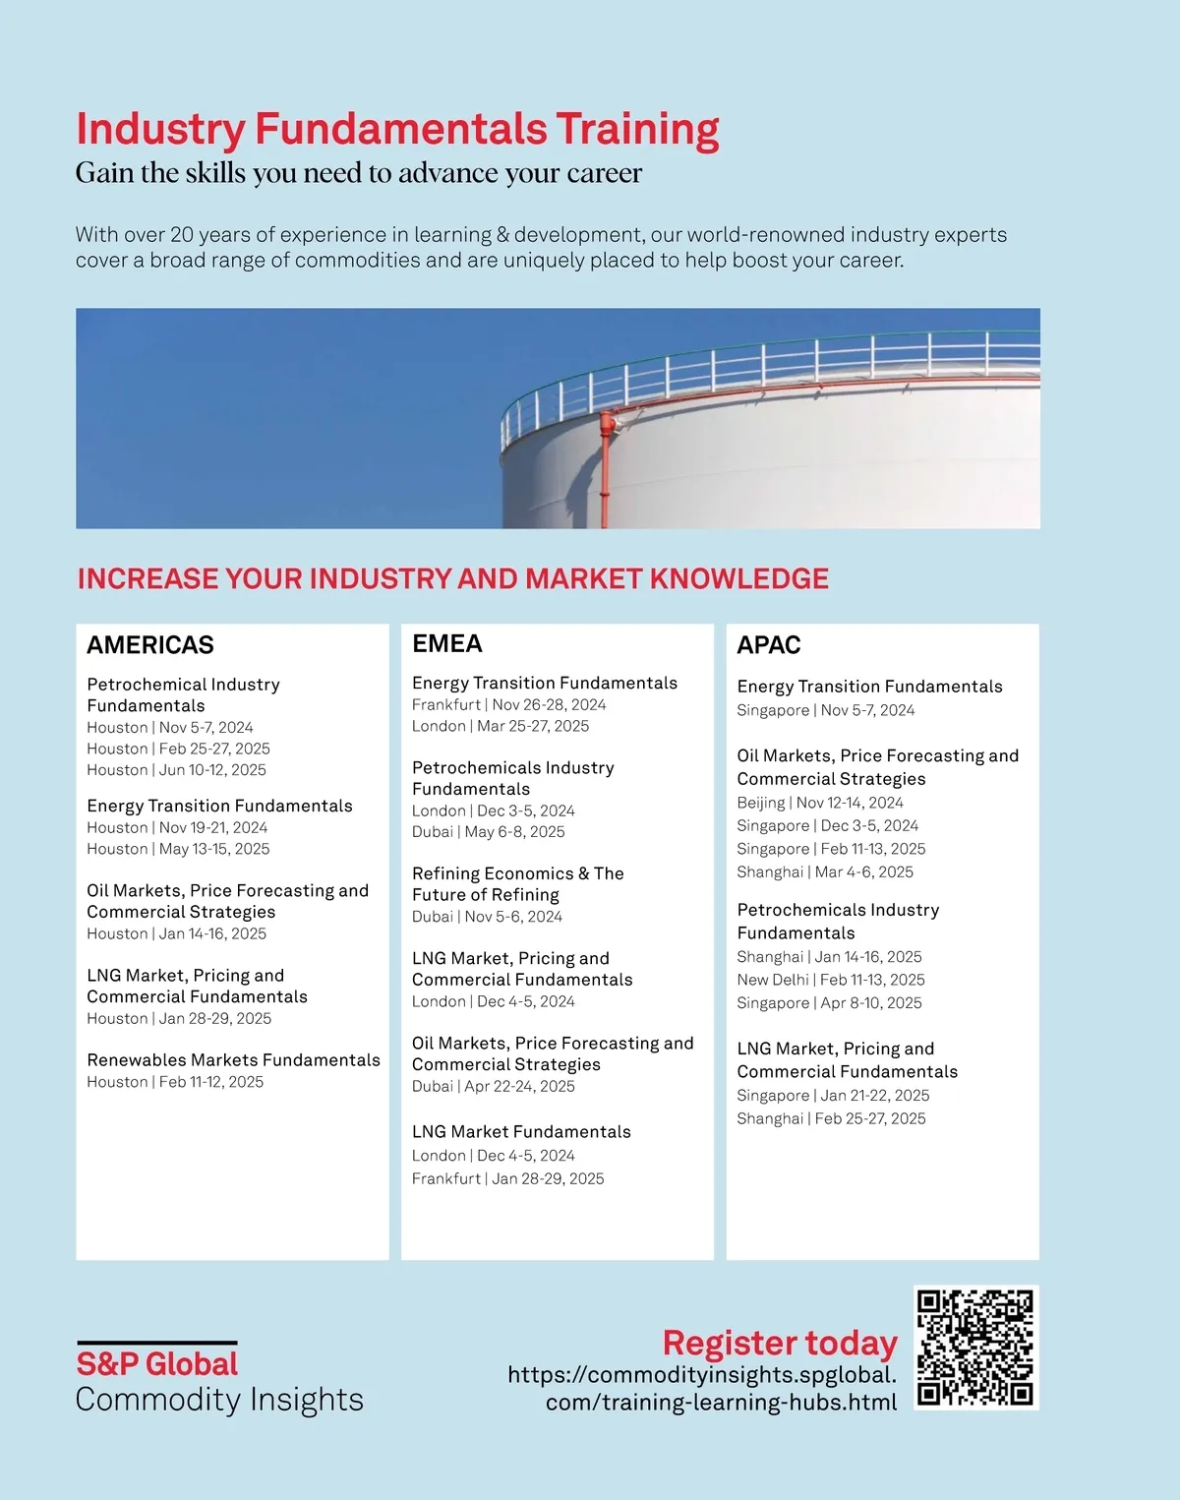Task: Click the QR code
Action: point(975,1347)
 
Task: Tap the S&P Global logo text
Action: point(157,1364)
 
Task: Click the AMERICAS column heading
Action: point(150,645)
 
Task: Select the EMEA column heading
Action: point(447,644)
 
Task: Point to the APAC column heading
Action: point(769,645)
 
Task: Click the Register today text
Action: point(780,1343)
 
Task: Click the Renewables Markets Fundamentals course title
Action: point(233,1060)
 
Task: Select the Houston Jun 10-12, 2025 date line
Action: point(176,770)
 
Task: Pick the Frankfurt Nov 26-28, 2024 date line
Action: point(508,704)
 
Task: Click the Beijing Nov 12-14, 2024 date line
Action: point(820,803)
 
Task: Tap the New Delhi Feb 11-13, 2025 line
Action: point(831,980)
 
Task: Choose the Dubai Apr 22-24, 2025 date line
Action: point(493,1086)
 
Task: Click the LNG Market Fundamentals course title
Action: point(521,1132)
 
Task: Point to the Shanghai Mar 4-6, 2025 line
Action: point(825,871)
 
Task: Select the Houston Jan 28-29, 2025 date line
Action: point(179,1019)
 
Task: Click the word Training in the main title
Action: point(637,129)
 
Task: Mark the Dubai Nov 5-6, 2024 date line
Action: point(487,917)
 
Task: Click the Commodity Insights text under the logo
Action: point(219,1400)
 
